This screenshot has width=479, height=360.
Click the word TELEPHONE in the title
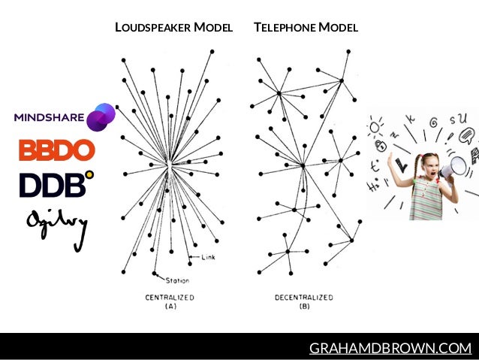(284, 28)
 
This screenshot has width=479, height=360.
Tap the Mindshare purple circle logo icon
(101, 117)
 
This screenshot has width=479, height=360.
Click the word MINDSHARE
(50, 116)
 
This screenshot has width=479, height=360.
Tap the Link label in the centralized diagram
(209, 258)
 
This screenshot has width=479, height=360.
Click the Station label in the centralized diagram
(177, 281)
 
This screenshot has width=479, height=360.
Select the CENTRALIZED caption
(170, 298)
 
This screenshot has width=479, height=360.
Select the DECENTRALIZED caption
(304, 298)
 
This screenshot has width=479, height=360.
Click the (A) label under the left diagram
(170, 307)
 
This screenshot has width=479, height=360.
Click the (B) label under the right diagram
(304, 307)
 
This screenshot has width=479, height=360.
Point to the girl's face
(429, 167)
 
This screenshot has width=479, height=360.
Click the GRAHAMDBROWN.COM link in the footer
(390, 348)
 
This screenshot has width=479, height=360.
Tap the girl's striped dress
(424, 200)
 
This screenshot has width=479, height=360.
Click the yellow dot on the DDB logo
(89, 176)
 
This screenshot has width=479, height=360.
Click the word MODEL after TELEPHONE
(338, 28)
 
